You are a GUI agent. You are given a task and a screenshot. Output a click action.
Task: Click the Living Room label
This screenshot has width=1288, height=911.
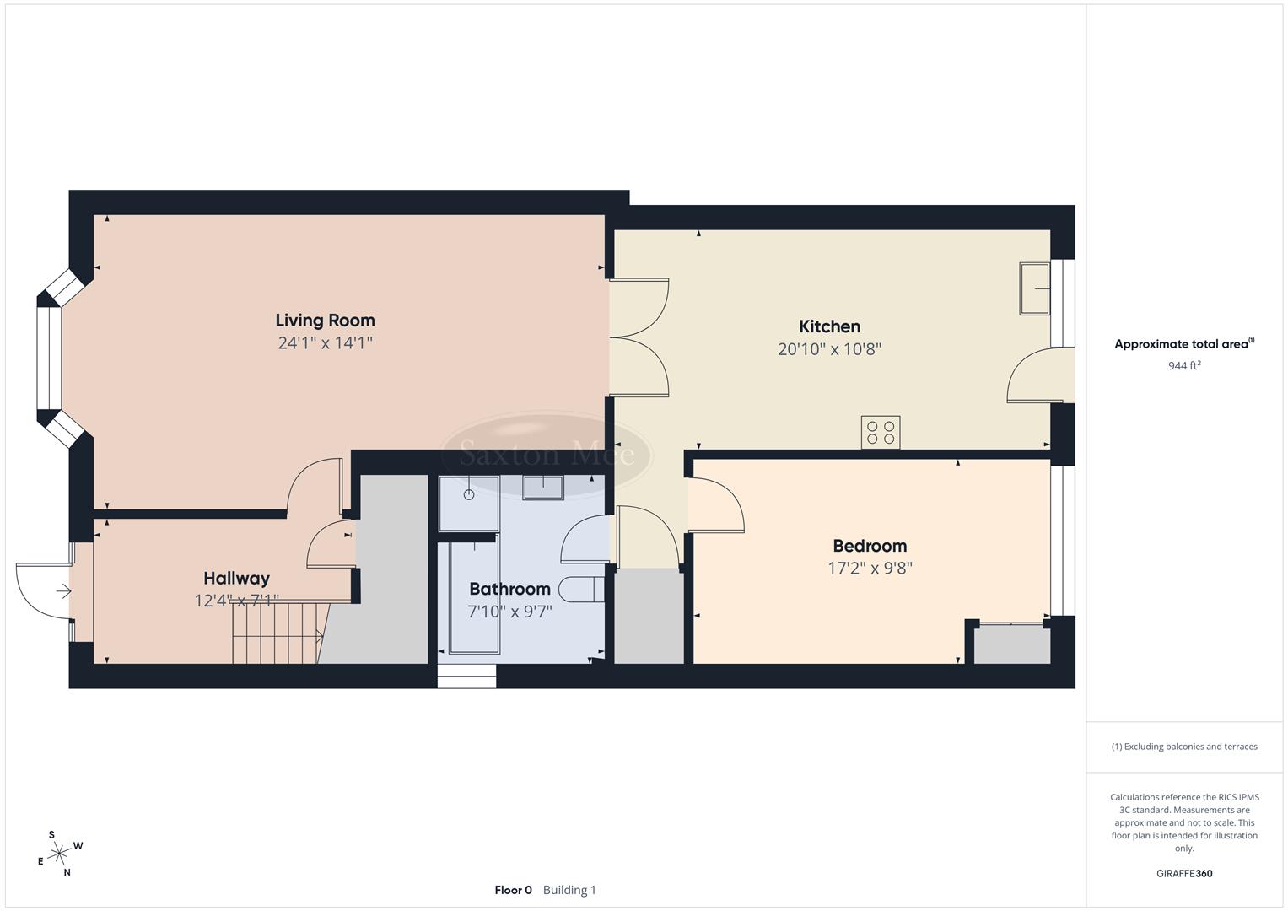(325, 321)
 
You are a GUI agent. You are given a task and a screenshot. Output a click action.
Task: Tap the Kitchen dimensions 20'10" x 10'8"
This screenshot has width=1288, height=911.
(829, 349)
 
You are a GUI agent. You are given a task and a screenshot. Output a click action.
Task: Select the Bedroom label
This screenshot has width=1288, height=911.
(870, 546)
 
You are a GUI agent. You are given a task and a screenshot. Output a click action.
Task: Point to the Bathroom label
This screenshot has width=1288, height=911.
(509, 589)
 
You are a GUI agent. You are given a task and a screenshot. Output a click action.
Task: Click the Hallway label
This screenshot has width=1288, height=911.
(236, 579)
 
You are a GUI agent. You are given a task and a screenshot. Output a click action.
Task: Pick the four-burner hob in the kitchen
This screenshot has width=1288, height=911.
(880, 433)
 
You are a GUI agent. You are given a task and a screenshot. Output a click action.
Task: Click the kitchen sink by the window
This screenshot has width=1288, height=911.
(1034, 289)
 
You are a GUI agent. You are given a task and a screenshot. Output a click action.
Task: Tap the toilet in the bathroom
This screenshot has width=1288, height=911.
(585, 590)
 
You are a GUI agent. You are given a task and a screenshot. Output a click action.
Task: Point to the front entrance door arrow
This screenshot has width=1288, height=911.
(63, 592)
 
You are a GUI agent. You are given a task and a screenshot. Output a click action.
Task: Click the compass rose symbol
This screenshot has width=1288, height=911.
(59, 854)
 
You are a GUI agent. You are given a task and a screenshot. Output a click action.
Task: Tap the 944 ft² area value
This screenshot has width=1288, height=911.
(1184, 366)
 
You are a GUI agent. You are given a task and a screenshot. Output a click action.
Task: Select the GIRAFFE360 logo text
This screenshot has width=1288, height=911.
(1184, 874)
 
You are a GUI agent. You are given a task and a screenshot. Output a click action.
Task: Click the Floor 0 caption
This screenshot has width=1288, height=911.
(513, 890)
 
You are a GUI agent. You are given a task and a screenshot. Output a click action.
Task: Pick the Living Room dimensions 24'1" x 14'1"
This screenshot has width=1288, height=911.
(325, 343)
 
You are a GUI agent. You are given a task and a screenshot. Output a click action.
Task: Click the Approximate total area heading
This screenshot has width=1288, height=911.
(1184, 344)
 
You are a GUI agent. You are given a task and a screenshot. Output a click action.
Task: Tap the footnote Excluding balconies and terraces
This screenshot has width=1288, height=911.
(1184, 747)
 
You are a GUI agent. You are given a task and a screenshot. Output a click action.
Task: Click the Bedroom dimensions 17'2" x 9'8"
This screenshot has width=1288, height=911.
(870, 569)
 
